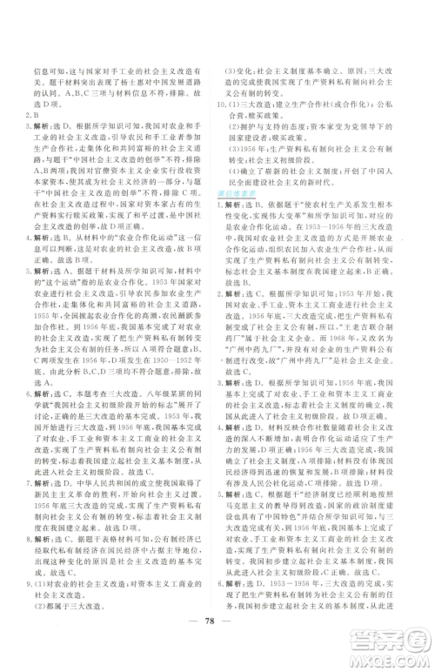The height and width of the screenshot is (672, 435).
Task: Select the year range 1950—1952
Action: tap(171, 311)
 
